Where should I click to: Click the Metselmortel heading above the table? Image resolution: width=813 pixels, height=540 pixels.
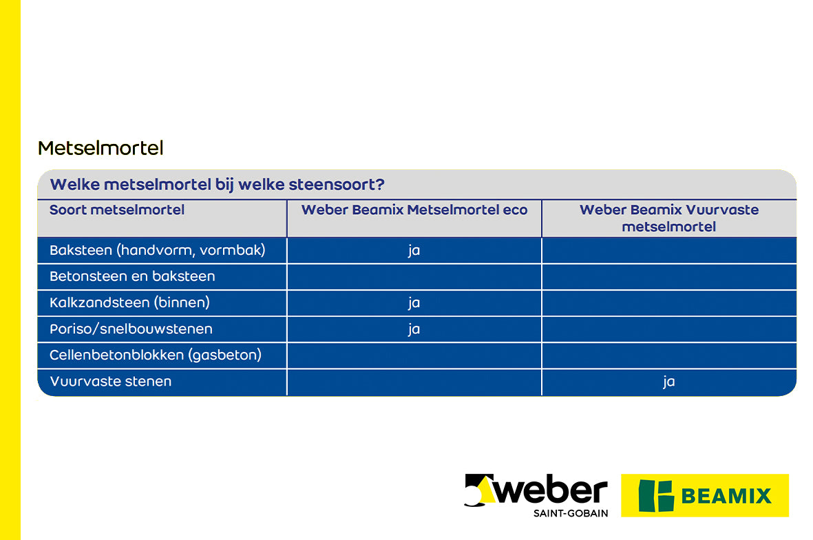tap(101, 148)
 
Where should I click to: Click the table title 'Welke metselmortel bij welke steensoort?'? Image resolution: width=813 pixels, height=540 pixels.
tap(217, 185)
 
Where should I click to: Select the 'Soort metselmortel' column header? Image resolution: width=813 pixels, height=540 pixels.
tap(117, 210)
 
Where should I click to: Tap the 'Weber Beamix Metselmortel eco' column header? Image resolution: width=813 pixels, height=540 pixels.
tap(414, 210)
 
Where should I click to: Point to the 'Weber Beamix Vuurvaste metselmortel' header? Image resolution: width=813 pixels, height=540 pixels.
tap(669, 218)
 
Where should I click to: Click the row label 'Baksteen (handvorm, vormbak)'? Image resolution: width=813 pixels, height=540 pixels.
tap(157, 250)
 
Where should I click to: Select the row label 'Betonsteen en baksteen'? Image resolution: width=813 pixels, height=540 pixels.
tap(132, 276)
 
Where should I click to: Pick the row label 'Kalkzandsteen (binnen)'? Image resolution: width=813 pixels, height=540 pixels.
tap(129, 302)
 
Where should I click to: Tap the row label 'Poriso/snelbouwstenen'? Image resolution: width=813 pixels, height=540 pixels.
tap(131, 329)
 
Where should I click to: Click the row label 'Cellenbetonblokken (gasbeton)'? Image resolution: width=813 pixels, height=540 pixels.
tap(156, 355)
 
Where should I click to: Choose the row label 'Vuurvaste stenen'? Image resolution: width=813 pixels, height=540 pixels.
tap(110, 382)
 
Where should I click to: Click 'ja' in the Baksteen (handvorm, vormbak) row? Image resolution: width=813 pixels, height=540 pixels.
tap(414, 251)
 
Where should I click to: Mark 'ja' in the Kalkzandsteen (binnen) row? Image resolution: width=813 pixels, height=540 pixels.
tap(414, 303)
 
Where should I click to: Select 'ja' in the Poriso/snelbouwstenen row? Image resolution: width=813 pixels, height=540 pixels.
tap(414, 329)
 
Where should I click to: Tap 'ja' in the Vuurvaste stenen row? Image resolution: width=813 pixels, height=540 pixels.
tap(668, 382)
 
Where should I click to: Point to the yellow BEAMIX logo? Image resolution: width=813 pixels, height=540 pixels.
tap(704, 495)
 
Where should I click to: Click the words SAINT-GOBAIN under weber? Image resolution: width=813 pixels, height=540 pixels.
tap(570, 513)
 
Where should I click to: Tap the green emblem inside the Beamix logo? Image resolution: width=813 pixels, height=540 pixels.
tap(655, 496)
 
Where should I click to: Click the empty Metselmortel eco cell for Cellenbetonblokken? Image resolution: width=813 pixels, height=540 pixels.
tap(414, 355)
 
